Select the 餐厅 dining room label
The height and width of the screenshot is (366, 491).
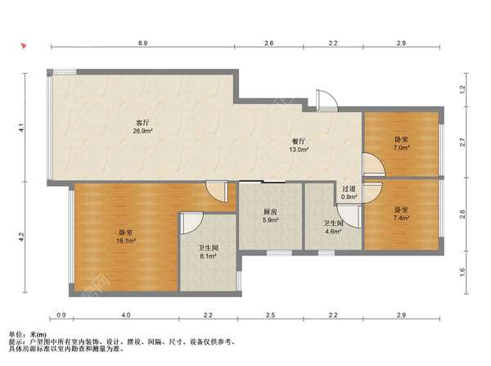click(299, 142)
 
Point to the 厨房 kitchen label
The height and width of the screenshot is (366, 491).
click(270, 212)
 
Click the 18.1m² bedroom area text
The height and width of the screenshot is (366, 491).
click(126, 241)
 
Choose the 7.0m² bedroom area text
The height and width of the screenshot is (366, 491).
click(402, 147)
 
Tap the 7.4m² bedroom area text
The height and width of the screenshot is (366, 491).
click(402, 218)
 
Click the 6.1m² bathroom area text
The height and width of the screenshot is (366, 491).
click(209, 256)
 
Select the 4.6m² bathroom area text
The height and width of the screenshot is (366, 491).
click(332, 232)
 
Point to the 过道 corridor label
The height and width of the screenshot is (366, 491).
click(349, 189)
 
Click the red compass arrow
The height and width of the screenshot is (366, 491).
click(24, 47)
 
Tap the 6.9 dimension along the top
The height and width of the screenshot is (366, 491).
click(142, 43)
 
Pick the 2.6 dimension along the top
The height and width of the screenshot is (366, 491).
click(269, 43)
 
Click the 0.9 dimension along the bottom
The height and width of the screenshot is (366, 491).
click(61, 315)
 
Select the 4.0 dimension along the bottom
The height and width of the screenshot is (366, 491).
click(126, 315)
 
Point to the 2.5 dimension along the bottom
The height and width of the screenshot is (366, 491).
click(271, 315)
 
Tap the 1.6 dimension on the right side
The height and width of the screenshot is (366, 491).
click(462, 273)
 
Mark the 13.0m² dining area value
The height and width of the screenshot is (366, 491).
click(299, 150)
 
